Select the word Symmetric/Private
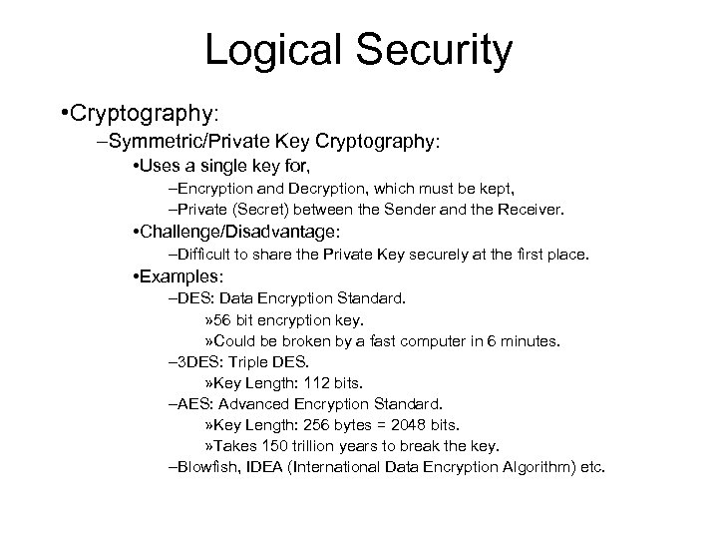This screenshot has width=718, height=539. coord(177,142)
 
